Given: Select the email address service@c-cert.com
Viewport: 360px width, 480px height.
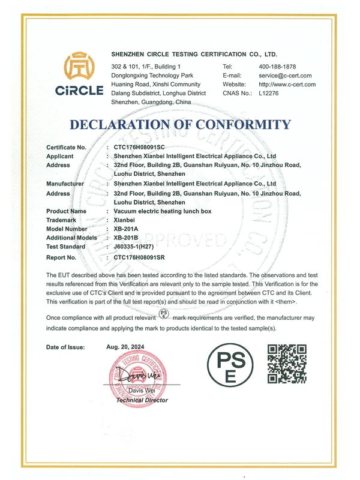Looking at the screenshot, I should pyautogui.click(x=285, y=76).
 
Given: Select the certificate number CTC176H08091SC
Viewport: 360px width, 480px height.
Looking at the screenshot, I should pyautogui.click(x=139, y=147).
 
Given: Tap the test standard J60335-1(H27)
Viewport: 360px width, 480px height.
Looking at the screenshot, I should pyautogui.click(x=139, y=247).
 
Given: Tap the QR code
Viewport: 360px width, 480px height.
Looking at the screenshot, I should pyautogui.click(x=287, y=364).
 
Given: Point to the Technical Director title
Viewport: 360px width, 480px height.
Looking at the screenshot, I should pyautogui.click(x=142, y=400).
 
